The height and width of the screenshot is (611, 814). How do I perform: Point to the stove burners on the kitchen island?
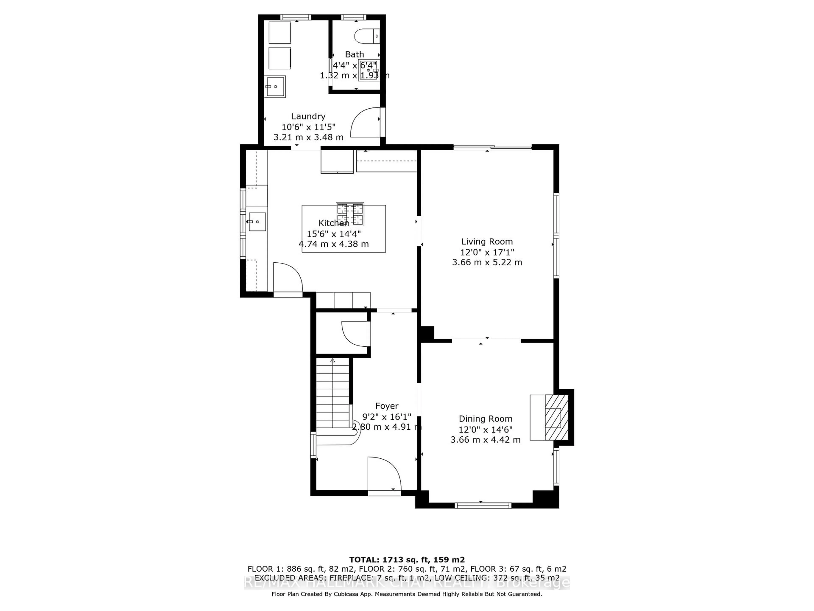point(350,214)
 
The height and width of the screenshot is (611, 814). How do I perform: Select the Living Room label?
point(487,242)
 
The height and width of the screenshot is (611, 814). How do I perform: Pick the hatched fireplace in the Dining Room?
point(556,418)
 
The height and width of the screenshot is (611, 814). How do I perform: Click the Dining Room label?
point(485,419)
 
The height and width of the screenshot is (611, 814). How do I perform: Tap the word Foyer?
point(387,406)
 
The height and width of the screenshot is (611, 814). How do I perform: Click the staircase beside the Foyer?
point(333,394)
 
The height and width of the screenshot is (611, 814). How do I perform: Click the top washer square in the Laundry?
point(280,33)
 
